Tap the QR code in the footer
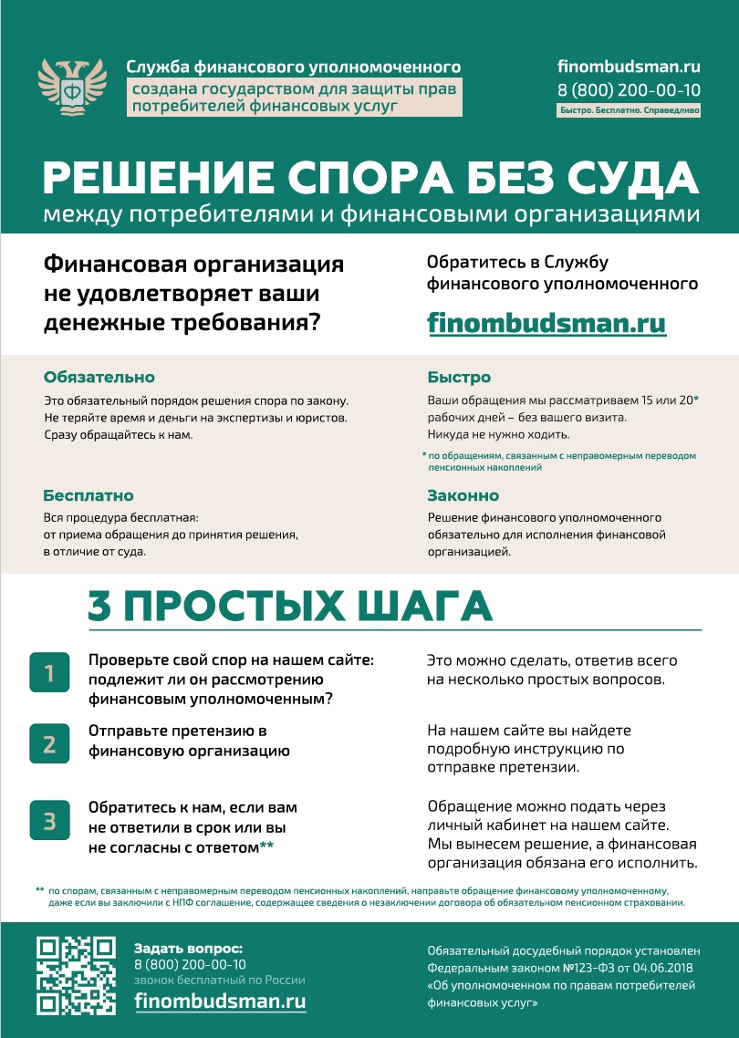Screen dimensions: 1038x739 (75, 976)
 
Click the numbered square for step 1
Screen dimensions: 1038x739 (49, 674)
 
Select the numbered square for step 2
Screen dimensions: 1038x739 (49, 743)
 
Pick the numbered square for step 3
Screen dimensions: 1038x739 (49, 821)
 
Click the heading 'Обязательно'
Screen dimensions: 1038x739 (99, 378)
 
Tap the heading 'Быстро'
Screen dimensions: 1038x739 (459, 378)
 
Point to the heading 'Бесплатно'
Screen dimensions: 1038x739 (88, 496)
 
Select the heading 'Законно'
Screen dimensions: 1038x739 (463, 496)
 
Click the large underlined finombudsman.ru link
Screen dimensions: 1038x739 (546, 324)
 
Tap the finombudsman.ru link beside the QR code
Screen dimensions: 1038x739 (220, 1000)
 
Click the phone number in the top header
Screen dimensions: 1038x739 (629, 89)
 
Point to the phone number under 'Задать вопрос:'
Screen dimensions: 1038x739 (190, 964)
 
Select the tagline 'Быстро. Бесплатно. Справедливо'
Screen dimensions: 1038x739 (629, 110)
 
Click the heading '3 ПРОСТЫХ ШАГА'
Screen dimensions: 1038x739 (290, 607)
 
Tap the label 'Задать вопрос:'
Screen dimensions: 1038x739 (188, 948)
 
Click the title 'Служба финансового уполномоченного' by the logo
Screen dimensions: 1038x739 (294, 67)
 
